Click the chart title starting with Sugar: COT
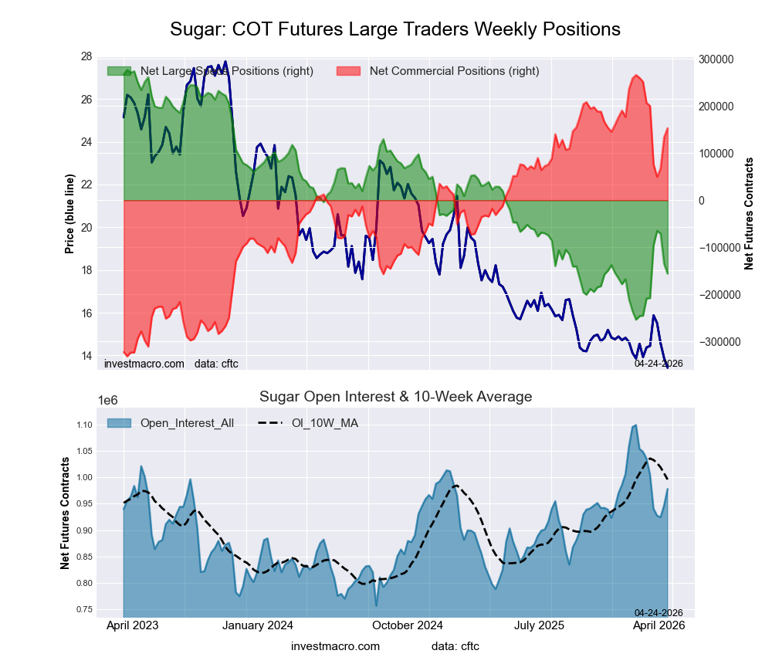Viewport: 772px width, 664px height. coord(394,29)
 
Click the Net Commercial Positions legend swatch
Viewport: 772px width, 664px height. coord(350,71)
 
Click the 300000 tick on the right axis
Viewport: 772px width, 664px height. coord(715,59)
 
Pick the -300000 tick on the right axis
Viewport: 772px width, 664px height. coord(715,342)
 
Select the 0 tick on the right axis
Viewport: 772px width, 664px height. coord(702,201)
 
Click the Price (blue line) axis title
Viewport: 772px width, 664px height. coord(70,213)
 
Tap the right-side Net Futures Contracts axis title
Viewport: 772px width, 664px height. coord(748,213)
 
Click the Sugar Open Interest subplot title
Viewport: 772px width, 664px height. coord(395,397)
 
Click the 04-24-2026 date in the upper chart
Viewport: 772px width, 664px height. coord(659,363)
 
